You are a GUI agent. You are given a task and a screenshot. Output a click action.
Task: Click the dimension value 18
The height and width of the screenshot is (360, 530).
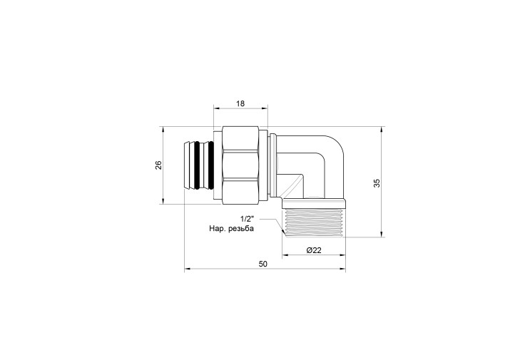point(240,103)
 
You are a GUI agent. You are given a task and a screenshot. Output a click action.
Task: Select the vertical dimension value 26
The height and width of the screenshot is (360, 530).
point(159,165)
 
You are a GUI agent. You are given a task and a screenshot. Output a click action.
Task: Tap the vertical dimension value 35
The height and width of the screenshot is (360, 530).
point(377,182)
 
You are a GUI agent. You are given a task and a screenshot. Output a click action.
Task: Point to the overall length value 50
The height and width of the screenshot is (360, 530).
point(263,264)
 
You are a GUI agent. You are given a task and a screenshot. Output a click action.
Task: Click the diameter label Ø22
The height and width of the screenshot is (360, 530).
point(314,250)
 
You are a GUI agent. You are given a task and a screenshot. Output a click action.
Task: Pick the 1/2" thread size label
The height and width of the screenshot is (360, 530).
point(247,219)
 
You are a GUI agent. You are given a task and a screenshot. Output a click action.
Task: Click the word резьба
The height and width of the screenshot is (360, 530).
point(241,229)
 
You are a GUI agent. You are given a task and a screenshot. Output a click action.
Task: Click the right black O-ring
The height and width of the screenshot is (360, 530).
point(210,165)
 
